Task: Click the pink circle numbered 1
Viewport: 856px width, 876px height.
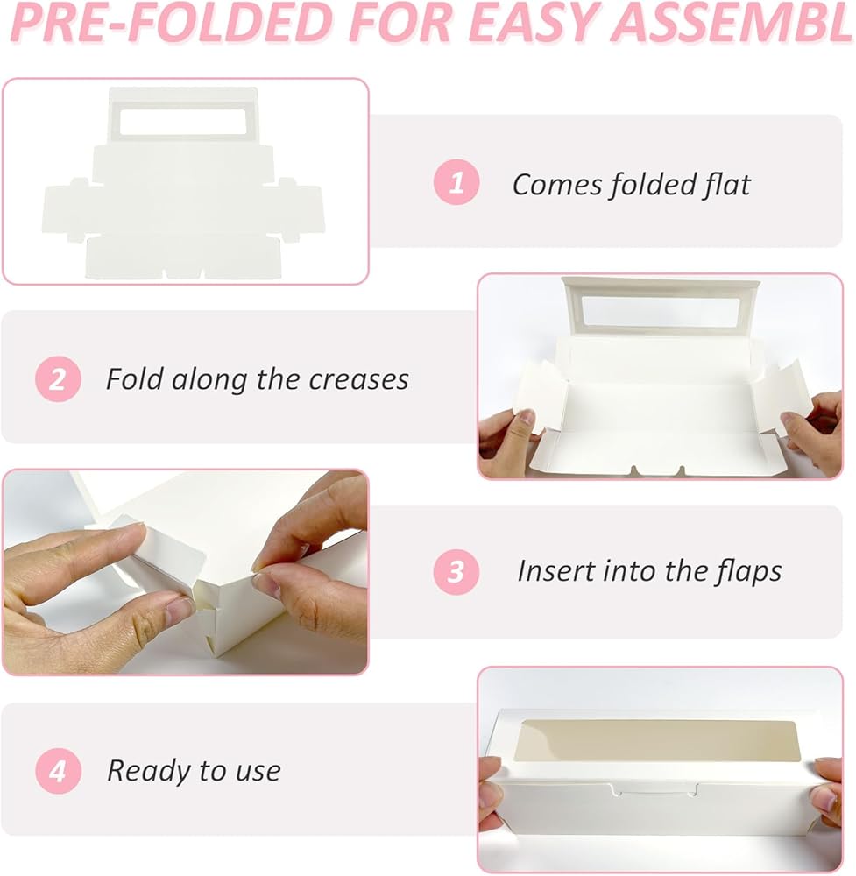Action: (456, 182)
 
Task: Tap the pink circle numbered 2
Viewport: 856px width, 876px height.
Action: (58, 378)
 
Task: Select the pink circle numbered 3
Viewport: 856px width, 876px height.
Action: (456, 571)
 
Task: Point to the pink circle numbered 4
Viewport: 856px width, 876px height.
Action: (58, 771)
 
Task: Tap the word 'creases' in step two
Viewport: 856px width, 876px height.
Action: (358, 380)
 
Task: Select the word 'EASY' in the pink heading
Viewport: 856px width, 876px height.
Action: (534, 23)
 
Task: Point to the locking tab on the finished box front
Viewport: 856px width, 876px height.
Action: (654, 789)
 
